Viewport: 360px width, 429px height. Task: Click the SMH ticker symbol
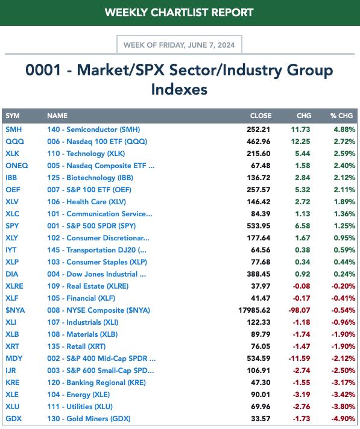point(14,130)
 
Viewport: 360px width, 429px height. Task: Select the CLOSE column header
point(261,116)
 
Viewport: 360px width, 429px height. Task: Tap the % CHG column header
point(341,116)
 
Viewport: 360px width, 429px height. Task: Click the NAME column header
point(57,116)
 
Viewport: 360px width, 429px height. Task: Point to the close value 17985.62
point(254,310)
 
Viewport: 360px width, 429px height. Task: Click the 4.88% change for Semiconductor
point(344,130)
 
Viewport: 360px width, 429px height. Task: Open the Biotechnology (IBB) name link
point(90,178)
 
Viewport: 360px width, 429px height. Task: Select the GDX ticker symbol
point(14,419)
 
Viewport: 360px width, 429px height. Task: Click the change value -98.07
point(299,310)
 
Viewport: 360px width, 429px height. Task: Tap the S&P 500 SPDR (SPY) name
point(92,226)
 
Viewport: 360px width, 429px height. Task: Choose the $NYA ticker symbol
point(15,310)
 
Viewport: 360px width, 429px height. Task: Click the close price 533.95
point(259,226)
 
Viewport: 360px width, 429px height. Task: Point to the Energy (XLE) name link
point(78,395)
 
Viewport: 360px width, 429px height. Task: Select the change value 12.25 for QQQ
point(300,142)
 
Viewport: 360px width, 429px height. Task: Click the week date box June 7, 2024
point(179,45)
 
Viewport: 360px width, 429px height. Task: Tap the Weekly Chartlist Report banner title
point(179,13)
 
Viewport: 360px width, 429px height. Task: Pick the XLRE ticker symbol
point(14,286)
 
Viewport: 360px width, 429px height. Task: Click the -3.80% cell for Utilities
point(343,407)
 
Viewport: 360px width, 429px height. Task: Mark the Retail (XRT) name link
point(77,346)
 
